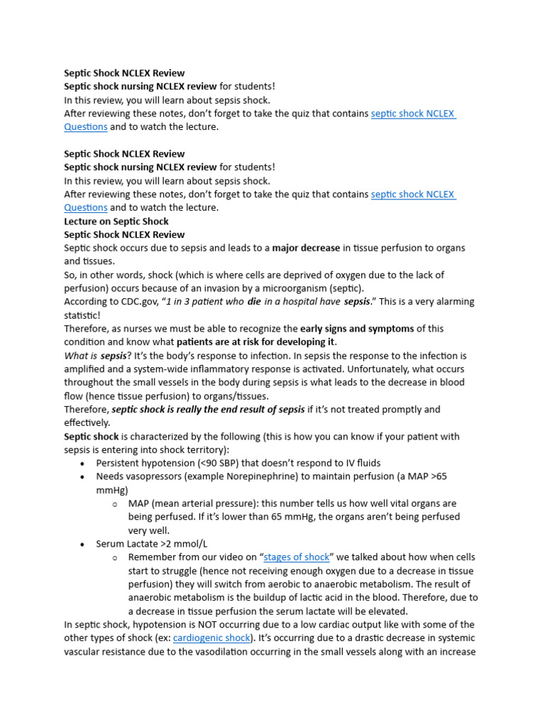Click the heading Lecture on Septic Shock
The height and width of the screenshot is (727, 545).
coord(116,221)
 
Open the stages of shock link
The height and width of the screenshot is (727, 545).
coord(296,557)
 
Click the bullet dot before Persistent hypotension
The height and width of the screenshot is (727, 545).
coord(82,464)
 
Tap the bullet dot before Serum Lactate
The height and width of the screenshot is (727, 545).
coord(82,545)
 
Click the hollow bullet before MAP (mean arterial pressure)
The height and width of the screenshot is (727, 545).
coord(114,504)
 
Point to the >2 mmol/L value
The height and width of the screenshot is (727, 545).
coord(182,544)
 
